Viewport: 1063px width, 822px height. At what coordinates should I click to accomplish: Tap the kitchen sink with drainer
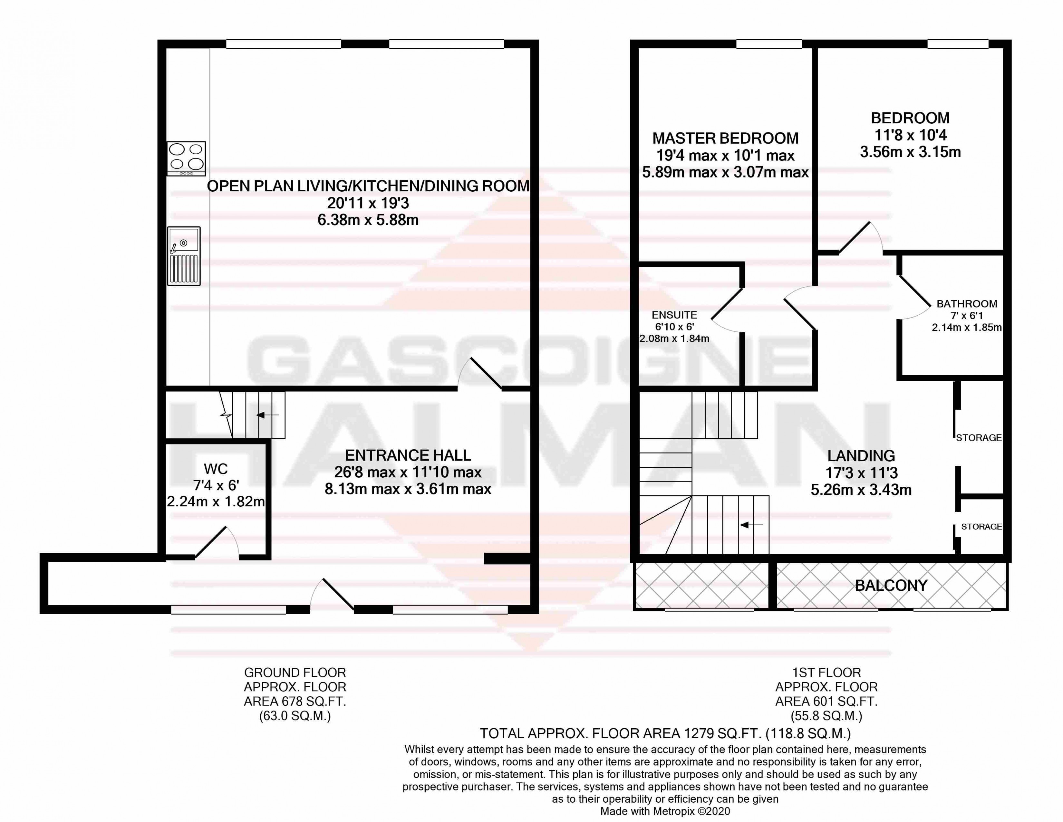(184, 256)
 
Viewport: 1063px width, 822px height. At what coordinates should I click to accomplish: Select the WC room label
(216, 469)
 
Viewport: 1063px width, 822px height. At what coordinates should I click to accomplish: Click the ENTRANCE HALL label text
(408, 455)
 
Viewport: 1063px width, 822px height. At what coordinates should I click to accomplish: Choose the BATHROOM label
(967, 304)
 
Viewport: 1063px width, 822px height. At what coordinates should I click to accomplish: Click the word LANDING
(861, 456)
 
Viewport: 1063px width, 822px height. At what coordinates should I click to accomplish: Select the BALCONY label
(891, 586)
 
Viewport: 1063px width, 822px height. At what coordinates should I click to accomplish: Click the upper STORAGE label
(978, 437)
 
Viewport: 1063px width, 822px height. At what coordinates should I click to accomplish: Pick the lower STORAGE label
(981, 527)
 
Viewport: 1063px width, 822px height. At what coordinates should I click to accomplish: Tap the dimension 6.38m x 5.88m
(368, 220)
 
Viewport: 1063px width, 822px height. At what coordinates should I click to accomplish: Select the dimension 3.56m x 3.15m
(910, 152)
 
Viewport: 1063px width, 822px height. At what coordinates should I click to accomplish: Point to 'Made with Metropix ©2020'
(665, 811)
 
